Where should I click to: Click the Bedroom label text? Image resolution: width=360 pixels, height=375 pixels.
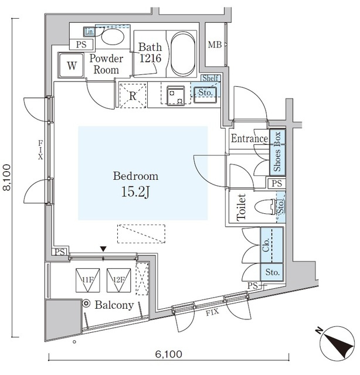coord(135,176)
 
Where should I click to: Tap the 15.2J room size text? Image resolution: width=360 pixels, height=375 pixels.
coord(135,192)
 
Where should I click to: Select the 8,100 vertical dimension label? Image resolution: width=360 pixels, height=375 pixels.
coord(7,177)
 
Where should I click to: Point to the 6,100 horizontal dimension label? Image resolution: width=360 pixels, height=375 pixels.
coord(168,354)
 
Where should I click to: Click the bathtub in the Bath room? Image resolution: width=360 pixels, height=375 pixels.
coord(183,53)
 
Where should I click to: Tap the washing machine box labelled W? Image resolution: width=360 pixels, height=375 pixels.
coord(72,65)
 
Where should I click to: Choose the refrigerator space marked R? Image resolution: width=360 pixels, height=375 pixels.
coord(133,95)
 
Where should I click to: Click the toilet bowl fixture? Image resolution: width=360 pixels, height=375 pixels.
coord(265,207)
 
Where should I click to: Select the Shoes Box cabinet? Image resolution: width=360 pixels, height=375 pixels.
coord(277,152)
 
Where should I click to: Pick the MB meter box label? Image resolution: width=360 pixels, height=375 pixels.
coord(215,45)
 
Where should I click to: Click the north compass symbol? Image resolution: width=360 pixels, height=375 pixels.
coord(336,342)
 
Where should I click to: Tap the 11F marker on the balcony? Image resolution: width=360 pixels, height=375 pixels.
coord(87,280)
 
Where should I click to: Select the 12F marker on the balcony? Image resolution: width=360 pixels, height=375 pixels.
coord(118,280)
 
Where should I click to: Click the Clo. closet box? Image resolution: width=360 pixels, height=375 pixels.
coord(271,245)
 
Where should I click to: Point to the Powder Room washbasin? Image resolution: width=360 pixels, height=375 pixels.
coord(113,36)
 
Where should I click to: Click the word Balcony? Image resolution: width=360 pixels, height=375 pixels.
coord(114,305)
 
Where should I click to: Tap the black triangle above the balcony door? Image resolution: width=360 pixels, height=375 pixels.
coord(103,248)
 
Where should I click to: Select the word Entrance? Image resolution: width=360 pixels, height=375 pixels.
coord(249,138)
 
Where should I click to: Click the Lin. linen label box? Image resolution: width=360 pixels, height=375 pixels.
coord(89,32)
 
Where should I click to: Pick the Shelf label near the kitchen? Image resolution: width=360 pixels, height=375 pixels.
coord(210,78)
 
